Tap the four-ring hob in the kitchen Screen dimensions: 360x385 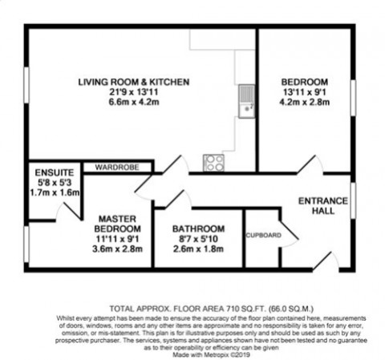coord(214,163)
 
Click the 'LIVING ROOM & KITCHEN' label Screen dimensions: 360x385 coord(133,83)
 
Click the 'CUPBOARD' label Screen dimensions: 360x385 coord(261,235)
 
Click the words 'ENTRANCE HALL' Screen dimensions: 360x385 coord(317,204)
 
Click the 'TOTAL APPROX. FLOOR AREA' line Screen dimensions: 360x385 coord(192,308)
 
